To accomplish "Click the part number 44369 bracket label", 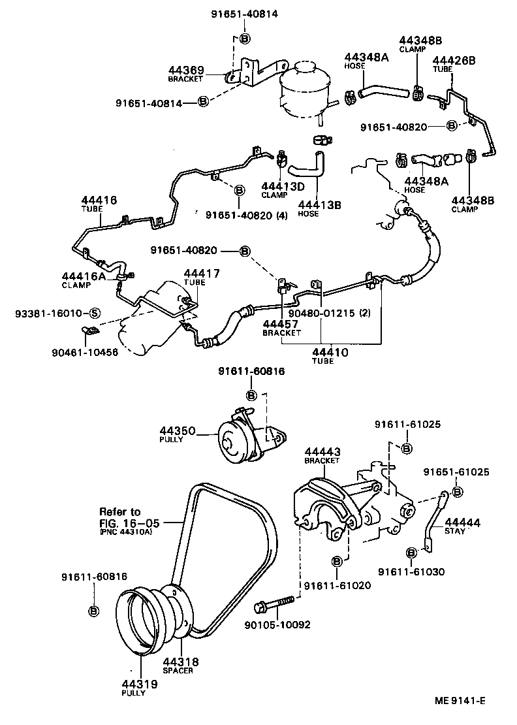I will [x=186, y=70].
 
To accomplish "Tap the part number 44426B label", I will [x=454, y=60].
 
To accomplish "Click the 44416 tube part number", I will [x=99, y=200].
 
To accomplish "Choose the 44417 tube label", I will [x=201, y=274].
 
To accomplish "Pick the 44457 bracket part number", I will [x=281, y=324].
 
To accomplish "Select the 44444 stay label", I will [x=463, y=523].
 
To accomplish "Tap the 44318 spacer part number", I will [x=180, y=662].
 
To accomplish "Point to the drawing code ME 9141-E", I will [x=462, y=702].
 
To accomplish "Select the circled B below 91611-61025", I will [x=405, y=448].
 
